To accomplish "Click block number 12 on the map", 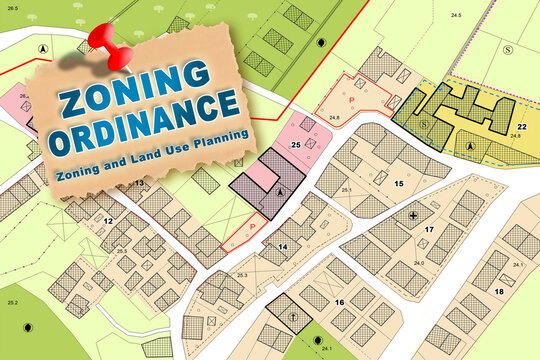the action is [x=108, y=219].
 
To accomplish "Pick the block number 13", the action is [x=139, y=185].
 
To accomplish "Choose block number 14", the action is [x=283, y=245].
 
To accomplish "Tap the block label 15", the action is [x=398, y=183].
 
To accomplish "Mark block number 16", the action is [x=339, y=301].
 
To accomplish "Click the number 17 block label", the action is [x=428, y=230].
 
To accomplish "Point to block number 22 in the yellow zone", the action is [x=522, y=127].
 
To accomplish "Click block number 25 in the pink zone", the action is [x=296, y=145].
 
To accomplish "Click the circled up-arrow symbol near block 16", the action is [x=293, y=316].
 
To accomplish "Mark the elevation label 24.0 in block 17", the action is [x=420, y=263].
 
